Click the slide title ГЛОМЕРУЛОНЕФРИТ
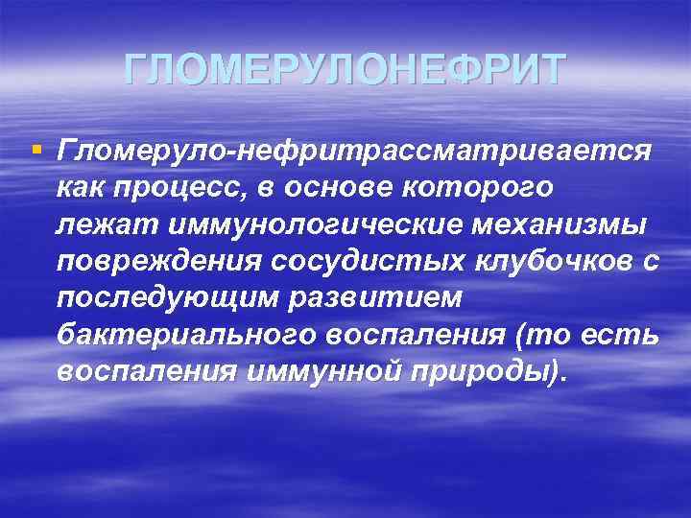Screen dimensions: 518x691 coord(345,70)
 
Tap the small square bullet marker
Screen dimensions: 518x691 coord(36,149)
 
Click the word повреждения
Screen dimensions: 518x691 coord(151,261)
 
